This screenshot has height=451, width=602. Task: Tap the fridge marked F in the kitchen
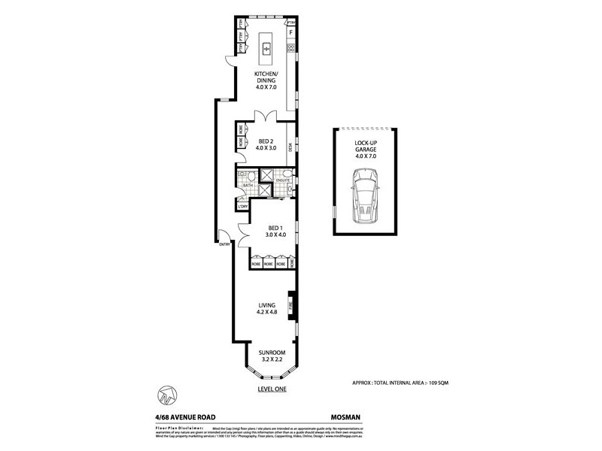pyautogui.click(x=290, y=34)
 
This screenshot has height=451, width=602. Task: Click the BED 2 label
pyautogui.click(x=266, y=144)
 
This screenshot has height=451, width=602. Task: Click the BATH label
pyautogui.click(x=246, y=183)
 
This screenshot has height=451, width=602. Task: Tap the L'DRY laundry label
pyautogui.click(x=242, y=206)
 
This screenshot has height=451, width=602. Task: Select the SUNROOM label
pyautogui.click(x=269, y=356)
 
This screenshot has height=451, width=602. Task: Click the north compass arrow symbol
pyautogui.click(x=166, y=394)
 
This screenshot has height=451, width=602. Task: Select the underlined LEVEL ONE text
pyautogui.click(x=270, y=389)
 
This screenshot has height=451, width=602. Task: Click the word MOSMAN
pyautogui.click(x=347, y=413)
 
